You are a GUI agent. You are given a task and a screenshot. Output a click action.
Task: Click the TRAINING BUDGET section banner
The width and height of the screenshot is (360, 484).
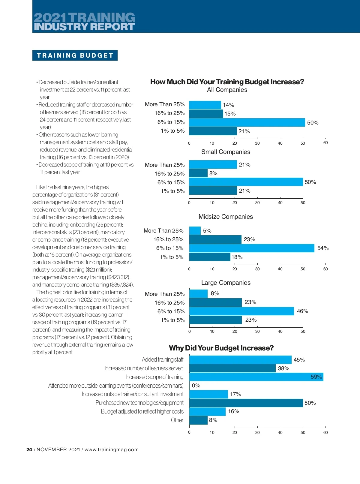[x=75, y=56]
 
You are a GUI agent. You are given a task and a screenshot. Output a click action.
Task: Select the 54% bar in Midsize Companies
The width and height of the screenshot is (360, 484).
[x=252, y=248]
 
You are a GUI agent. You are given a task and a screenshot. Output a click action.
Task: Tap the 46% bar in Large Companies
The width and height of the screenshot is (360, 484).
[x=241, y=311]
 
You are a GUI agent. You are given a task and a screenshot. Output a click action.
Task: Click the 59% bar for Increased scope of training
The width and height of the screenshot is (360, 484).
[x=256, y=377]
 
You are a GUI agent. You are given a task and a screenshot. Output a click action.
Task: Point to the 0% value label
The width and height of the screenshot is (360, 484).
[x=196, y=386]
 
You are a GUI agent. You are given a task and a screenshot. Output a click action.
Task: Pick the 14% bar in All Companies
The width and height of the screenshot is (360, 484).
[x=205, y=105]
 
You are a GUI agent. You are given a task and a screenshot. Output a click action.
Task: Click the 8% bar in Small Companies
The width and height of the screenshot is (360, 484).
[x=198, y=173]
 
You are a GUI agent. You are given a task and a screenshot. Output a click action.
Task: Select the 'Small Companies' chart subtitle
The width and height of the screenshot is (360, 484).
[x=226, y=152]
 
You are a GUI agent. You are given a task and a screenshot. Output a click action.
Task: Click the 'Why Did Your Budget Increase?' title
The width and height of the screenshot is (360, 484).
[x=221, y=348]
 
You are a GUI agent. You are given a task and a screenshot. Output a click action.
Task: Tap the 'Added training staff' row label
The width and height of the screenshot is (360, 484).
[x=163, y=359]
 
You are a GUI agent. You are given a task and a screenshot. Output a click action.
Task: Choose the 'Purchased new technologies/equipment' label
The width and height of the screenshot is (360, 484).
[x=139, y=403]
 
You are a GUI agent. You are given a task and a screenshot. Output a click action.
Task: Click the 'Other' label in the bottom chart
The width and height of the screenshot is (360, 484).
[x=177, y=420]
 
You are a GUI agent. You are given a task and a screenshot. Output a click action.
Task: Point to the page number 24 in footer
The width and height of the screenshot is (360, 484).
[x=29, y=449]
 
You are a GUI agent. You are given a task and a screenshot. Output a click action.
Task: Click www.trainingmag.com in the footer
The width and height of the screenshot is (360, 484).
[x=112, y=449]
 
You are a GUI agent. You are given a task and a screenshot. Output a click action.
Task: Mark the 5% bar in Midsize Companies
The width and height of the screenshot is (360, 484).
[x=195, y=231]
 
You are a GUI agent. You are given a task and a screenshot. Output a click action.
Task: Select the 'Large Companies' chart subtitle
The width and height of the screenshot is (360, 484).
[x=226, y=283]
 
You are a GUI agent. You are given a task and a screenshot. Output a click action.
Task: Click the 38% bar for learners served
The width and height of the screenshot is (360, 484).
[x=232, y=368]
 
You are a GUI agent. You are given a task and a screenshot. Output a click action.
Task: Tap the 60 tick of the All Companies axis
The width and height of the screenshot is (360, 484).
[x=325, y=143]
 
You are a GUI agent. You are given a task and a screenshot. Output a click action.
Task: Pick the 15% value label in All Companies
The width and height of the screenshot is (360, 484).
[x=230, y=114]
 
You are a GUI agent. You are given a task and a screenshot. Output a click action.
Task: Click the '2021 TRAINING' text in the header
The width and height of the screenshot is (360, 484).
[x=85, y=17]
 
